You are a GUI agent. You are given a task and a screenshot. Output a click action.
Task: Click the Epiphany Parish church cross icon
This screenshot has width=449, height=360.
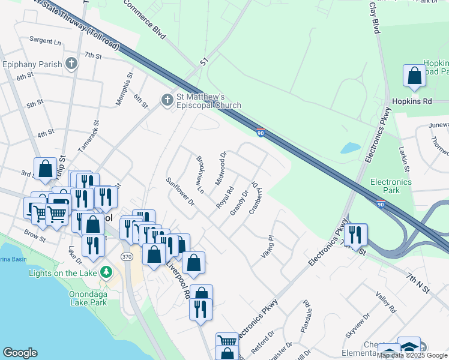coord(71,64)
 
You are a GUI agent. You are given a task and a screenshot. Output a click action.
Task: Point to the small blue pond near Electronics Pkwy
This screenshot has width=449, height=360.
coord(349,148)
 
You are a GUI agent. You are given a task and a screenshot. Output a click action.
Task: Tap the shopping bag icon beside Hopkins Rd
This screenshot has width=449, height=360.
coord(414,76)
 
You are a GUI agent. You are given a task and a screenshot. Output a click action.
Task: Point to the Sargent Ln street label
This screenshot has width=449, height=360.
coord(46,41)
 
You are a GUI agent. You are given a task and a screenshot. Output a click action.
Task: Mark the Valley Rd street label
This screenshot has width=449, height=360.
coord(385,302)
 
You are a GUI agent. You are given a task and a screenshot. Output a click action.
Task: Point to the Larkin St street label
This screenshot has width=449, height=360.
coord(404,157)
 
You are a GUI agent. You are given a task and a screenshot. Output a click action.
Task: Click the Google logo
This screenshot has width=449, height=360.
coord(20,353)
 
